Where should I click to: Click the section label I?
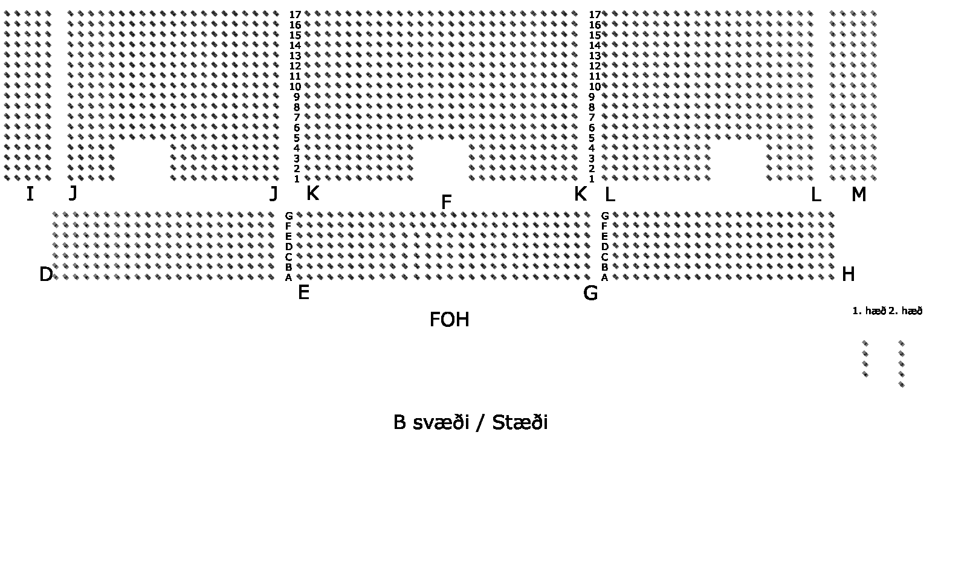click(x=30, y=194)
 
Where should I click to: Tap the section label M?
click(x=859, y=195)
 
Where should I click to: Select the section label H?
click(x=848, y=275)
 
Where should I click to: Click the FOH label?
click(x=449, y=320)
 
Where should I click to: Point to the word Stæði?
click(x=520, y=422)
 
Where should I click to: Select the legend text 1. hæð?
click(x=869, y=311)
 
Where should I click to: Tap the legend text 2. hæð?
click(x=905, y=311)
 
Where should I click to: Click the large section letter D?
click(x=46, y=275)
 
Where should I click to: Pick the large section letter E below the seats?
click(x=303, y=293)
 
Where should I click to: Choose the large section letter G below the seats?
click(x=590, y=294)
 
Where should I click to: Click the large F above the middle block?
click(x=446, y=202)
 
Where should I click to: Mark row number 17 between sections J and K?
click(x=295, y=15)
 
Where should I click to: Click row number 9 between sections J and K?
click(x=297, y=97)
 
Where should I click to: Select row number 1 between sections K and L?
click(x=592, y=179)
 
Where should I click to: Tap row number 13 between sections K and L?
click(x=595, y=56)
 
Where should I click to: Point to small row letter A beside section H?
click(x=604, y=278)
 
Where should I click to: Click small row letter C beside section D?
click(x=289, y=257)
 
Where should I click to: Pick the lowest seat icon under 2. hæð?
click(x=902, y=384)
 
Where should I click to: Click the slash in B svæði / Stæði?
click(x=480, y=422)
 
